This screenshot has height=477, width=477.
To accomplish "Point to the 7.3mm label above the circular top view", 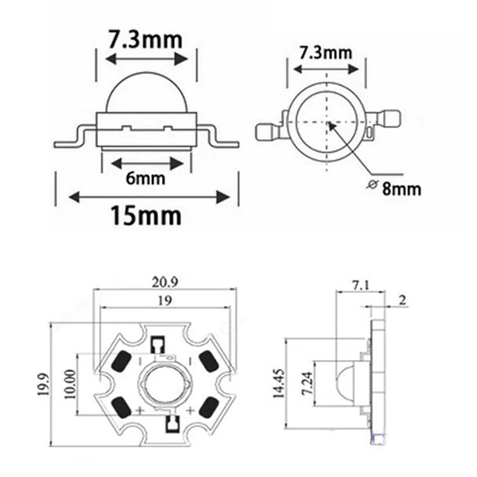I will tap(325, 53).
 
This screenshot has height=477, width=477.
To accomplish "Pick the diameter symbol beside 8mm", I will tap(372, 186).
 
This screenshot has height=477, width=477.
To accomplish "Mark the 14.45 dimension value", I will tap(279, 384).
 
